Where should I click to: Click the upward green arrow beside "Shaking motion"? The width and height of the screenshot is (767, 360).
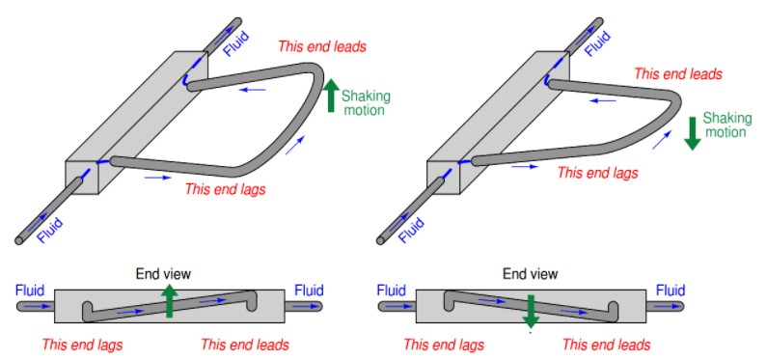pos(331,96)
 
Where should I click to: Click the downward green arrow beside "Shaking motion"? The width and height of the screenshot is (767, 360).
pos(692,133)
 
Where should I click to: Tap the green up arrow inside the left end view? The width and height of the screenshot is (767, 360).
pos(169,301)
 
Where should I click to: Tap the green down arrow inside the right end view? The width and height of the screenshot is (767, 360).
pos(531,311)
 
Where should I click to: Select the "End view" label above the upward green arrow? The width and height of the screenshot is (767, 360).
pos(163,274)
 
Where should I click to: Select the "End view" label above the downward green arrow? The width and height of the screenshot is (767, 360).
pos(531,274)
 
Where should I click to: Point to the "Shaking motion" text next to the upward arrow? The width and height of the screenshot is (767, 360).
pos(365,102)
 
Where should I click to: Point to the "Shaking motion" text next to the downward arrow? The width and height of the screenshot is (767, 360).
pos(726,125)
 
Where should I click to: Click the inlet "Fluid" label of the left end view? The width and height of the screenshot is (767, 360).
pos(30,291)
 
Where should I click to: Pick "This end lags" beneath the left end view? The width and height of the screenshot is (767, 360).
pos(82,345)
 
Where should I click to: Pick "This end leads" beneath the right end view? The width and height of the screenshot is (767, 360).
pos(606,345)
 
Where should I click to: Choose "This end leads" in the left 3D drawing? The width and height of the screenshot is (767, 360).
pos(322,47)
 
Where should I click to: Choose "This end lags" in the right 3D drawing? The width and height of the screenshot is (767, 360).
pos(598,173)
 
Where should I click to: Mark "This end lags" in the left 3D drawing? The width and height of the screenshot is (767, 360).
pos(225,189)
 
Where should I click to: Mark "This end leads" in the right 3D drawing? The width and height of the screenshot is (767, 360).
pos(678,74)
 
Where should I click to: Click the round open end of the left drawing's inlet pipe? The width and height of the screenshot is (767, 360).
pos(19,240)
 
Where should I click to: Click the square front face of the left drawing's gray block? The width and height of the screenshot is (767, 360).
pos(82,178)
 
